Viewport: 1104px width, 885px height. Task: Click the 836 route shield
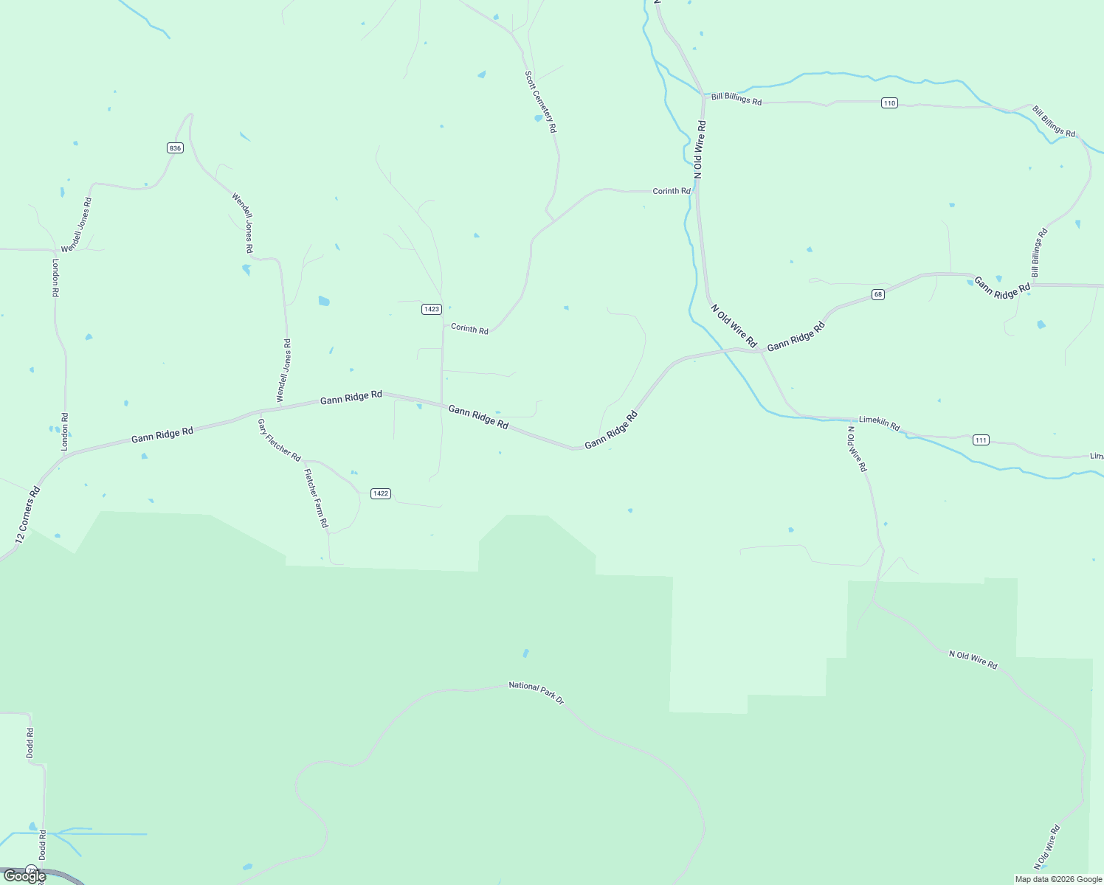(174, 148)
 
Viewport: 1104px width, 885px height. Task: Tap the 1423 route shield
(432, 309)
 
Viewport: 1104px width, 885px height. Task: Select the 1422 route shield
(380, 493)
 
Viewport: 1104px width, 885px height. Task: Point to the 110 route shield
(889, 103)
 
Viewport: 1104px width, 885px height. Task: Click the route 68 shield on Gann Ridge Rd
(877, 294)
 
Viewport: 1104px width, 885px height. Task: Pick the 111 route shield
(980, 440)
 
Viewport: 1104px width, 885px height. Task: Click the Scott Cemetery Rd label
(540, 101)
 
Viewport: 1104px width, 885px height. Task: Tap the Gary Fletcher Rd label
(279, 440)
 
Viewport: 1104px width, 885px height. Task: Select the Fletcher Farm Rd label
(316, 499)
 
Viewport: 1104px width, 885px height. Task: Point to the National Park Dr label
(536, 693)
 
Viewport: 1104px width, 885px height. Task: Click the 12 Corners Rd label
(27, 515)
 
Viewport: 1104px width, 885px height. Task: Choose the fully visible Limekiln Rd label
(879, 424)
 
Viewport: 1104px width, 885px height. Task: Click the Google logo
(24, 876)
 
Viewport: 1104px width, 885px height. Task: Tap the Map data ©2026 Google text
(1058, 879)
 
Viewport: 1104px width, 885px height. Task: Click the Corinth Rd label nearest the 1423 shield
(469, 329)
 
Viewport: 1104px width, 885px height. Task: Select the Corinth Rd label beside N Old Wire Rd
(671, 191)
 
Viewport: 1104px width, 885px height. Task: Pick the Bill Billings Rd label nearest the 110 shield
(736, 99)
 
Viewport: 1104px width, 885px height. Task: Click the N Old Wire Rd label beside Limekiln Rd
(857, 448)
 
